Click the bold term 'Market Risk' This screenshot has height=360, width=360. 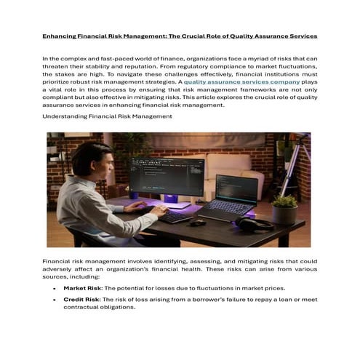coord(81,288)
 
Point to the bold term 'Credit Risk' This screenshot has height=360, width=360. coord(80,299)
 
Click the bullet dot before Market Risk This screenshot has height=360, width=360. coord(55,289)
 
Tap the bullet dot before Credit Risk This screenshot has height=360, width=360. coord(55,300)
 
